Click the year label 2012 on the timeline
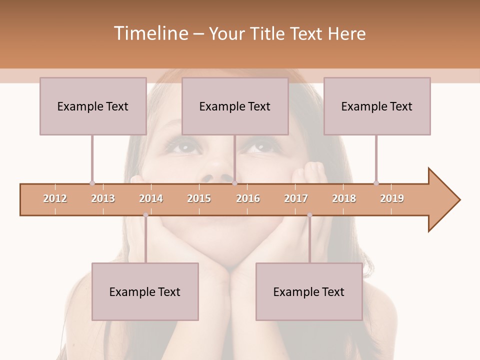click(55, 198)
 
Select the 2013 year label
click(103, 198)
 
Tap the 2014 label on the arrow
click(151, 198)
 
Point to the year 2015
click(199, 198)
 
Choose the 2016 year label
click(248, 198)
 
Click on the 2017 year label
click(296, 198)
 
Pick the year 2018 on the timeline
click(344, 198)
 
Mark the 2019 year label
click(392, 198)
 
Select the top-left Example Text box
click(93, 106)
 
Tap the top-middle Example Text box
click(235, 106)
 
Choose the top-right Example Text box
click(377, 106)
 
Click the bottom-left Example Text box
click(145, 291)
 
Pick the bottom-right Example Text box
click(309, 291)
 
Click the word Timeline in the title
click(150, 33)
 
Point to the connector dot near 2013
click(92, 183)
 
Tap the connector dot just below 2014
click(145, 215)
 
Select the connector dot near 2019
click(376, 183)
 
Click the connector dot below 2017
click(309, 215)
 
